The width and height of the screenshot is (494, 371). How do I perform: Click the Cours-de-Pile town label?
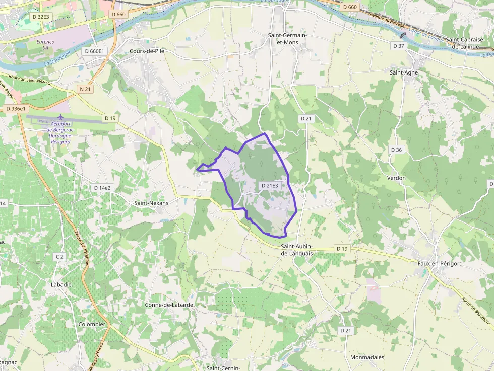tap(147, 51)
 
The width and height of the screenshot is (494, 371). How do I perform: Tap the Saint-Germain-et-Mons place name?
tap(287, 39)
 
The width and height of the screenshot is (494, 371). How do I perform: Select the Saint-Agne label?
tap(404, 72)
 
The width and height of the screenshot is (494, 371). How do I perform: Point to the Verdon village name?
tap(396, 178)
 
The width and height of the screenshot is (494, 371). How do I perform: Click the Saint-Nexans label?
tap(151, 203)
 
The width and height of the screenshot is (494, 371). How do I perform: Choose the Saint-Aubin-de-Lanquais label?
tap(297, 250)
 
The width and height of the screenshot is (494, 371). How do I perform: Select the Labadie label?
tap(61, 284)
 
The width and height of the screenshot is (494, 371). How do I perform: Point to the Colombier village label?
tap(92, 324)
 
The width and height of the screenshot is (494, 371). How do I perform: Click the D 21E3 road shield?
tap(269, 186)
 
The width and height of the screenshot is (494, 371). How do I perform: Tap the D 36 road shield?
tap(396, 150)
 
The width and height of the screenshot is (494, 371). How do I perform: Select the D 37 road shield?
tap(398, 46)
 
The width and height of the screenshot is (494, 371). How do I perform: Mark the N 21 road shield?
tap(85, 89)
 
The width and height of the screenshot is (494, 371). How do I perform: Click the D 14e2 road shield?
tap(102, 188)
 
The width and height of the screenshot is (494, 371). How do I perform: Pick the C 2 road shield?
tap(59, 257)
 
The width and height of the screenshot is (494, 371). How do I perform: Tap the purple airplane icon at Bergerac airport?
tap(61, 117)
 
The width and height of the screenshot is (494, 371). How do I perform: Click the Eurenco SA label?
tap(45, 44)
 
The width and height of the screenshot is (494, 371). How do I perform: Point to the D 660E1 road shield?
tap(94, 51)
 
